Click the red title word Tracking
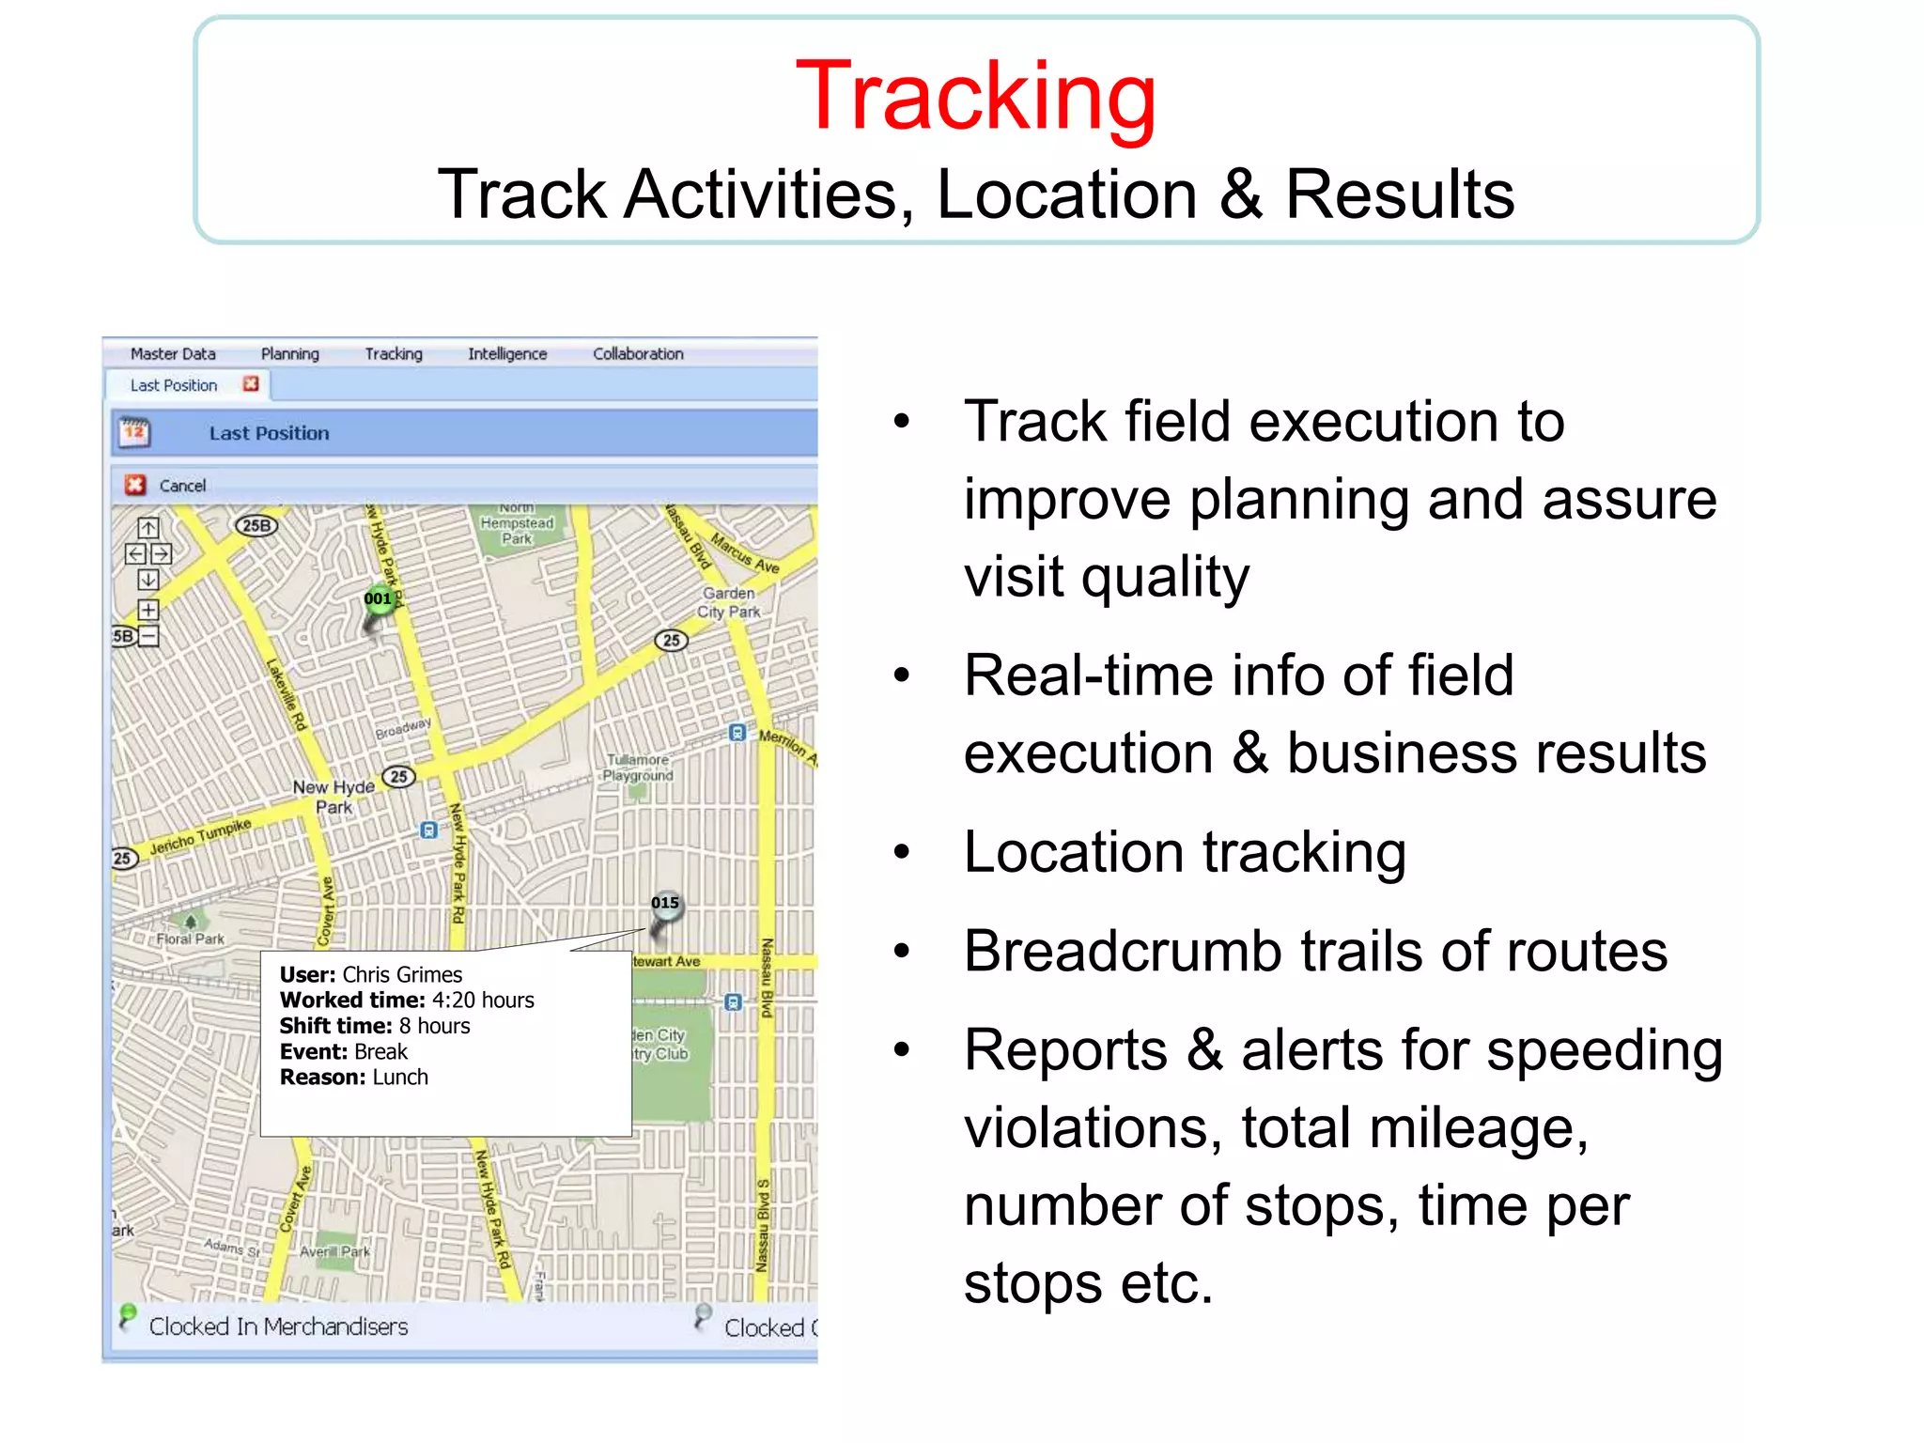point(975,96)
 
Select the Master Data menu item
point(173,354)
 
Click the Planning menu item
point(289,354)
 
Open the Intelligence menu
point(507,354)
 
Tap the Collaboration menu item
point(638,354)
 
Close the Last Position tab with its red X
point(251,384)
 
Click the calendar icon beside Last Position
point(134,432)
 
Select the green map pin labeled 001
point(378,601)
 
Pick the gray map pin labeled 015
point(665,906)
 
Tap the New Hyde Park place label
point(334,797)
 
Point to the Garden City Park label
point(729,602)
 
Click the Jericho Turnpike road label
point(200,836)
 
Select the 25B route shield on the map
point(256,526)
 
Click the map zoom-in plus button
point(148,609)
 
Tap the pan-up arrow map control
point(148,528)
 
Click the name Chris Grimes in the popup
point(402,975)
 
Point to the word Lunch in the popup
point(400,1078)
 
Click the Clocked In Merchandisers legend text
point(278,1327)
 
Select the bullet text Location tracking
point(1185,853)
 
